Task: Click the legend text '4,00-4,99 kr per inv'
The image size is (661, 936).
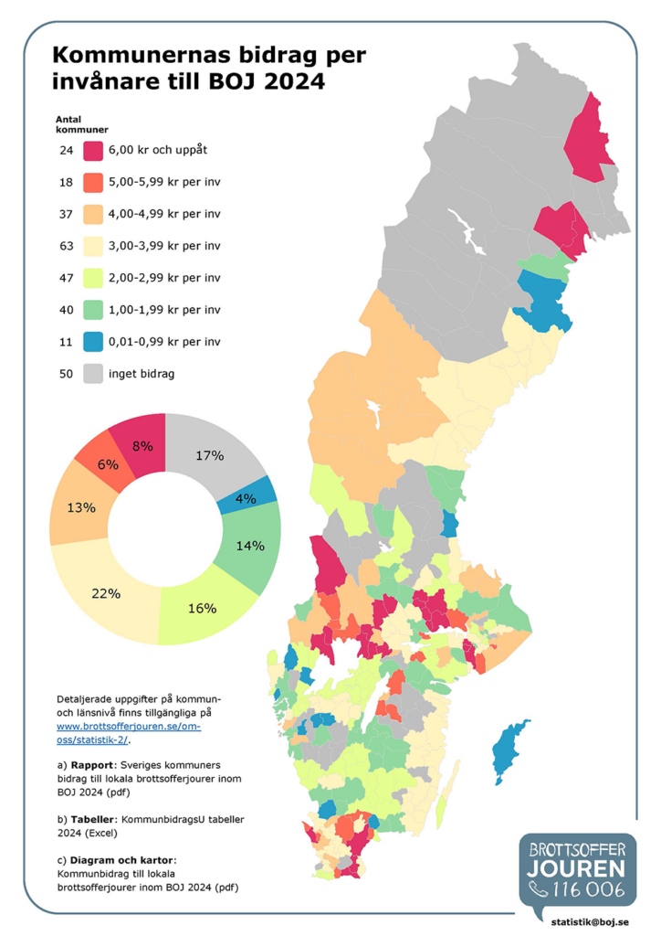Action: [164, 214]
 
